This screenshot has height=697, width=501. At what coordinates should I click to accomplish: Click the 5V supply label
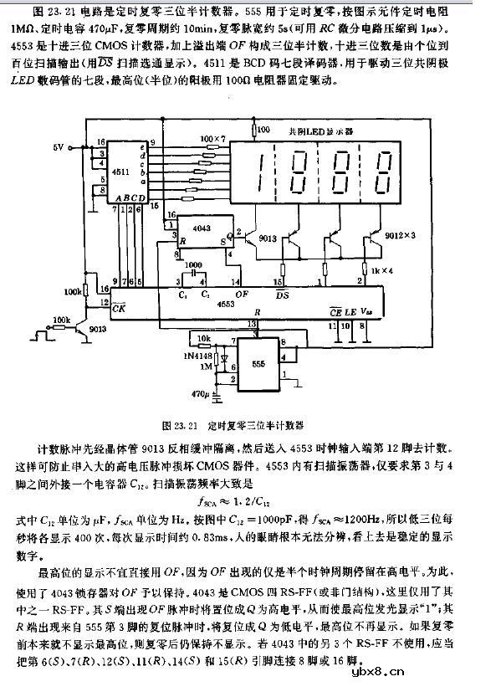58,147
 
